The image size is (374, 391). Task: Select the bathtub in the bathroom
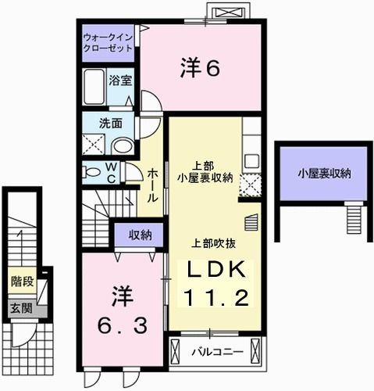(94, 88)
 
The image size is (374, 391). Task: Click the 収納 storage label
(140, 234)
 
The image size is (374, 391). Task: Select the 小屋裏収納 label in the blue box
(322, 173)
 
